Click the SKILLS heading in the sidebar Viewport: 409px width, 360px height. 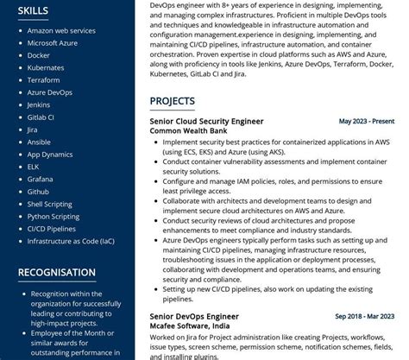point(33,11)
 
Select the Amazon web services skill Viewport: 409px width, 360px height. point(61,30)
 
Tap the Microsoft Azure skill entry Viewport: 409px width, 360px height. point(53,42)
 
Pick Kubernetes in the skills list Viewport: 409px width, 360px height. point(45,67)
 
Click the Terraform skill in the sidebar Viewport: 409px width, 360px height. point(43,79)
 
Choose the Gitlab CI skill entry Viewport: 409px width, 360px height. point(41,117)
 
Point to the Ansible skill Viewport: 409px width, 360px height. point(39,142)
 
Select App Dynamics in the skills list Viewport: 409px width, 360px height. point(50,155)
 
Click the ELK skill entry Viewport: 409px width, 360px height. point(33,167)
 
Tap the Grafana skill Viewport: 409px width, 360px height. point(40,180)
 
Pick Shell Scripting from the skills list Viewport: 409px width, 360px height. point(50,205)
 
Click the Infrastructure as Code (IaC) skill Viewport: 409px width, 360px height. point(70,242)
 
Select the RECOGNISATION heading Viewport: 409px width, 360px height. point(57,273)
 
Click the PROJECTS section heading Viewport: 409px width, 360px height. point(172,101)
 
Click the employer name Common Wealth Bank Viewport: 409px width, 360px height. point(188,131)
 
